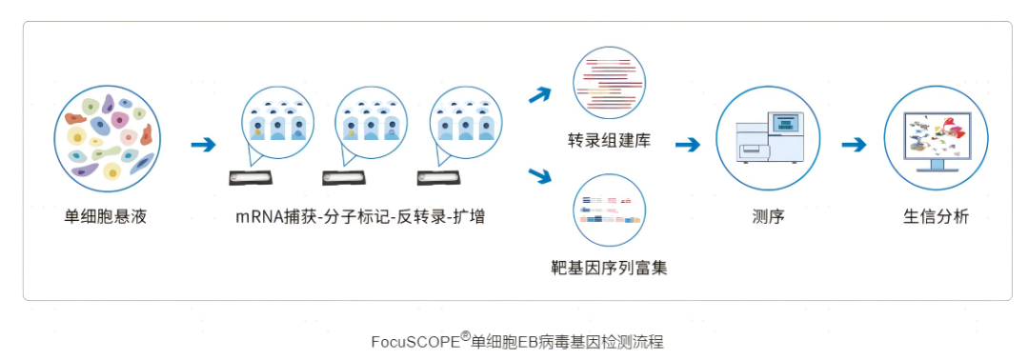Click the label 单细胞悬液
click(x=106, y=217)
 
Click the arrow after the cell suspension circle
click(x=203, y=145)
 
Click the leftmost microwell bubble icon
click(x=277, y=124)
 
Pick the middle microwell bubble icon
click(x=371, y=124)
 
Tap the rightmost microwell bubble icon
click(x=465, y=124)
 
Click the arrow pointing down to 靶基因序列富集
click(x=540, y=176)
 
